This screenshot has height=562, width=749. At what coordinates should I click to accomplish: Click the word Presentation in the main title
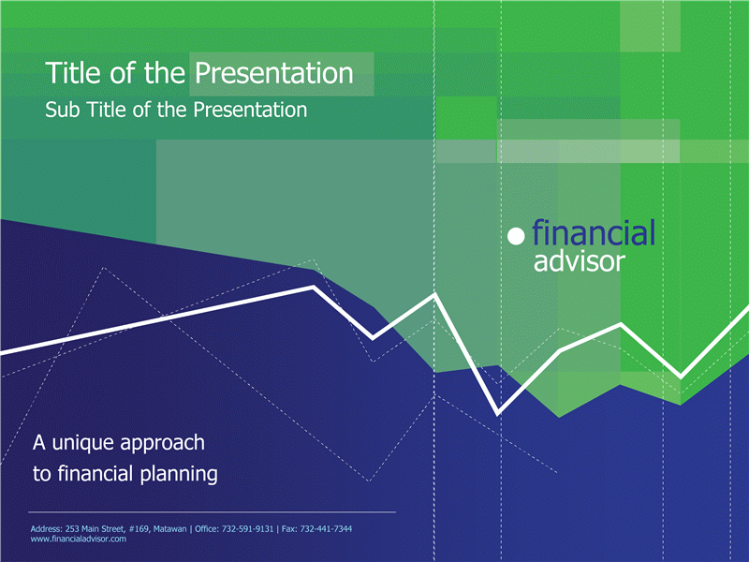(273, 73)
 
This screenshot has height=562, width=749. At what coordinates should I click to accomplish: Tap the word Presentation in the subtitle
(250, 110)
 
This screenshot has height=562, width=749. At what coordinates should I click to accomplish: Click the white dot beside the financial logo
(516, 236)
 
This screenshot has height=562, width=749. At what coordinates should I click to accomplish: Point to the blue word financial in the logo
(594, 232)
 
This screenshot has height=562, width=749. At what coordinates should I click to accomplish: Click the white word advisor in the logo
(579, 262)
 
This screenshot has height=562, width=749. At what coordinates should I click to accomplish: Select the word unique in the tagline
(83, 443)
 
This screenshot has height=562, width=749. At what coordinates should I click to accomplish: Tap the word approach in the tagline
(162, 444)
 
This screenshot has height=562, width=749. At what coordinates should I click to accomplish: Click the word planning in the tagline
(179, 475)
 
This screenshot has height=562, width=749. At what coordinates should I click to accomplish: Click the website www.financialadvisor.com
(79, 540)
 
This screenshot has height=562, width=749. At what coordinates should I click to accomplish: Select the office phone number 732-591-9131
(247, 529)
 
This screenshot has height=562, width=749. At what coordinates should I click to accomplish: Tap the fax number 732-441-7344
(326, 529)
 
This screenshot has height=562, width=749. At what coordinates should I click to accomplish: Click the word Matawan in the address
(169, 529)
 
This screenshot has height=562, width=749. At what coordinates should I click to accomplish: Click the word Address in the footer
(46, 529)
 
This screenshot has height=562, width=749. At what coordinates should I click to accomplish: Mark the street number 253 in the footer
(72, 529)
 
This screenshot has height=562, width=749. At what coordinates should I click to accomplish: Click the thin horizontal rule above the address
(213, 511)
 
